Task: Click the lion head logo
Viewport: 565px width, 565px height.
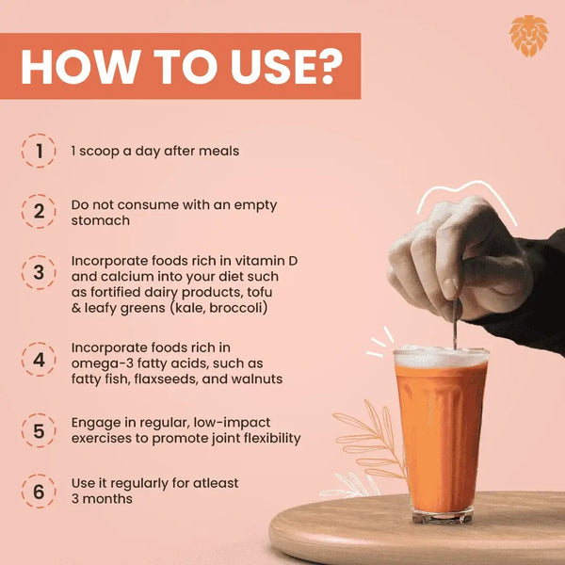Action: pyautogui.click(x=528, y=36)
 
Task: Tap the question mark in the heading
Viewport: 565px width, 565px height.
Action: pyautogui.click(x=326, y=67)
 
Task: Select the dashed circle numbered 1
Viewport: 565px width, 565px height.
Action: pyautogui.click(x=39, y=151)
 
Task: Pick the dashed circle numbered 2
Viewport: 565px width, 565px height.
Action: pyautogui.click(x=39, y=211)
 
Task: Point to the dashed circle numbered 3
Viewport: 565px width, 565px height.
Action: pyautogui.click(x=39, y=272)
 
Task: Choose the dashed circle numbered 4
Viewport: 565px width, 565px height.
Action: pyautogui.click(x=39, y=360)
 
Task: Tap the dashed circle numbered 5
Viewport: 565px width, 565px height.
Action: pyautogui.click(x=39, y=430)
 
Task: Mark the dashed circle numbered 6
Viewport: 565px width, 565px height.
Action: pyautogui.click(x=39, y=492)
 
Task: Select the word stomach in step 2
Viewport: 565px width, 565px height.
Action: pyautogui.click(x=101, y=220)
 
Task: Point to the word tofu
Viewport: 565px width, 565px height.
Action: pyautogui.click(x=260, y=292)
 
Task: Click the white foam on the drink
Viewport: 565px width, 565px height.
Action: pyautogui.click(x=442, y=357)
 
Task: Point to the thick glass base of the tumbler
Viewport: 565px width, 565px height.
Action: pyautogui.click(x=443, y=515)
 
